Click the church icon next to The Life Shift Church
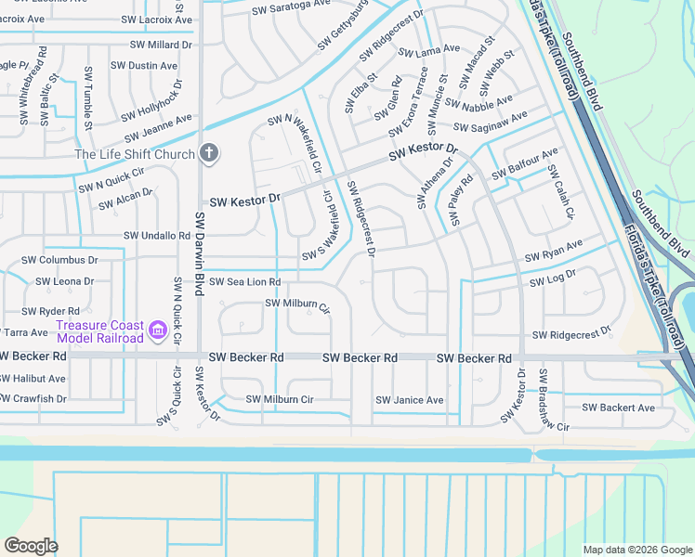point(209,154)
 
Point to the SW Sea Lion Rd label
point(244,281)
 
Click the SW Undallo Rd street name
point(158,236)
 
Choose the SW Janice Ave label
point(409,400)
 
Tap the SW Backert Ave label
point(623,408)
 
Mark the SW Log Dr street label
point(553,278)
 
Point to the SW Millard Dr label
point(161,44)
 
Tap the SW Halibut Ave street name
point(33,378)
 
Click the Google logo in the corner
point(31,545)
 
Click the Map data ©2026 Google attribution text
point(636,550)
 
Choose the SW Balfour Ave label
point(525,162)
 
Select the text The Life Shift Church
point(135,155)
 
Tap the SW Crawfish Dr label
point(34,398)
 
